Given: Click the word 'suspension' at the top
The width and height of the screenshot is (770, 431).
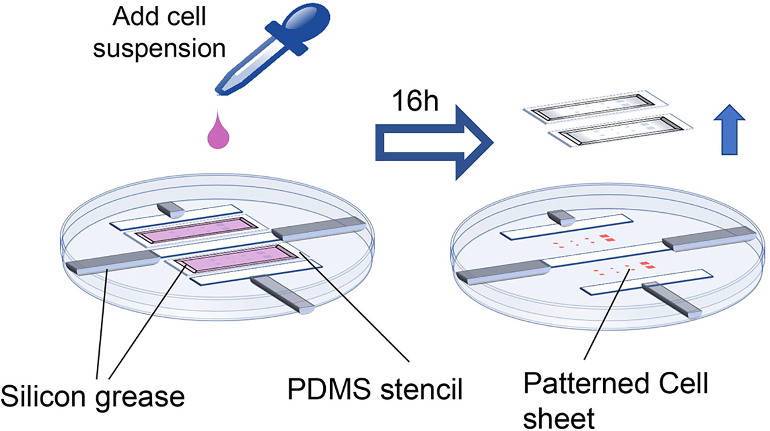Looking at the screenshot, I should [159, 49].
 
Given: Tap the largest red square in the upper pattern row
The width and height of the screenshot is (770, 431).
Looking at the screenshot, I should [608, 237].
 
